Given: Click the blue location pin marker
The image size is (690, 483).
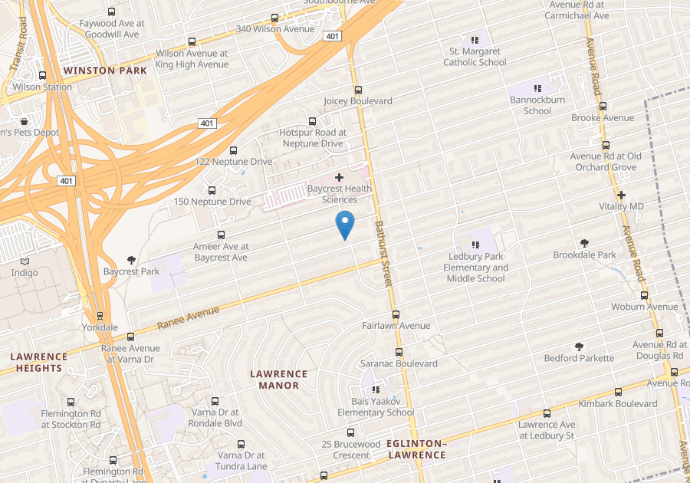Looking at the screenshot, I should click(x=346, y=224).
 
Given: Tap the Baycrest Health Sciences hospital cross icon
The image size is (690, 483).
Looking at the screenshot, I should click(x=340, y=177).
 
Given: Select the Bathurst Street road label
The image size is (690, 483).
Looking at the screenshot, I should click(x=383, y=254).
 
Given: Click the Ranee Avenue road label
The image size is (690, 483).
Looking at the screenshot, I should click(x=189, y=318).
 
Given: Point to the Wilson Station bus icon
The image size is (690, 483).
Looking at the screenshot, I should click(x=42, y=75).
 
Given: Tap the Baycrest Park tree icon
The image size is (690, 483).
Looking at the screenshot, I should click(x=131, y=260).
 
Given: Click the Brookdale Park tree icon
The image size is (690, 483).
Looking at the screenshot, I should click(x=585, y=243).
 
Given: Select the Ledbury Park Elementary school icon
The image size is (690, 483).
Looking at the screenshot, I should click(x=475, y=245).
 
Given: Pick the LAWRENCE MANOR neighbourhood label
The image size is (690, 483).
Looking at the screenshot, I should click(x=279, y=379).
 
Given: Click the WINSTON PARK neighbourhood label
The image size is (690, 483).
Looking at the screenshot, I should click(x=105, y=71).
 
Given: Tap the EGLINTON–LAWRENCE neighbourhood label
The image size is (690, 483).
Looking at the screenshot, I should click(x=416, y=449).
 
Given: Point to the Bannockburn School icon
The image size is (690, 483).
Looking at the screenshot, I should click(x=537, y=89).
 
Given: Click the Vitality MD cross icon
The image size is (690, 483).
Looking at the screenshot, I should click(x=622, y=195).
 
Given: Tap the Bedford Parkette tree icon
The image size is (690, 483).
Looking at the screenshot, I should click(x=579, y=347).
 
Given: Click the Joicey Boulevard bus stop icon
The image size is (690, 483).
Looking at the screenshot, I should click(x=358, y=90).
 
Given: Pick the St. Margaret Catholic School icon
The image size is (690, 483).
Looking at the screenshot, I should click(x=475, y=40).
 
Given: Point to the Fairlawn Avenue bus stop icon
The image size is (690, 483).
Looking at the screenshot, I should click(x=396, y=314).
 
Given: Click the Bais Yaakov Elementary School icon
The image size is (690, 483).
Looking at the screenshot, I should click(x=376, y=389).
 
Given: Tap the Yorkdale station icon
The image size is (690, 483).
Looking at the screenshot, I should click(x=100, y=316).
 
